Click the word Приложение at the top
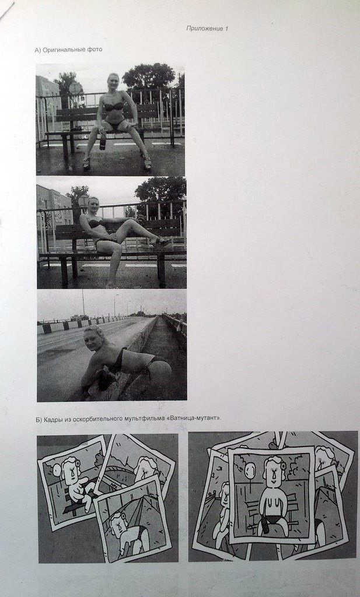(x=205, y=28)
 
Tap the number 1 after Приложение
(x=226, y=28)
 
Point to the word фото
(x=95, y=50)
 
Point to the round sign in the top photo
(x=75, y=89)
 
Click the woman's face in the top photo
(x=114, y=82)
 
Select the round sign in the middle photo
(x=83, y=201)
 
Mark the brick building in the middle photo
(x=54, y=208)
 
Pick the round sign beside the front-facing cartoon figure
(x=250, y=471)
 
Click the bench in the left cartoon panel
(x=76, y=503)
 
